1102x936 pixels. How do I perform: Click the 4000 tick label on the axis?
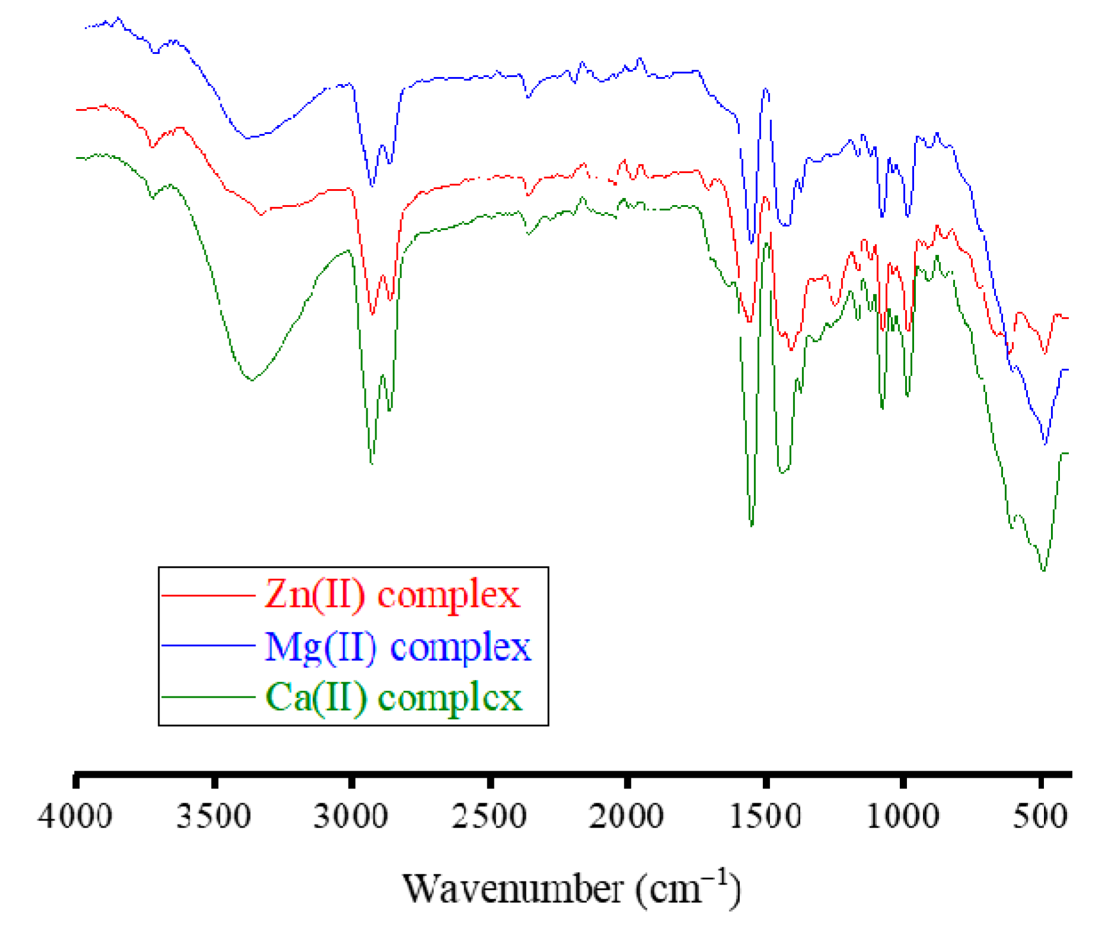click(75, 817)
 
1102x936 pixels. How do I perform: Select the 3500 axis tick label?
click(214, 817)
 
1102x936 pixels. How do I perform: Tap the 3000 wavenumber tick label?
click(351, 817)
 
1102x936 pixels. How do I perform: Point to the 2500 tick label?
click(490, 817)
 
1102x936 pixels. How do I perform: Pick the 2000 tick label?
click(627, 817)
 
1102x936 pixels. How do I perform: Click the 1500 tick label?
click(765, 817)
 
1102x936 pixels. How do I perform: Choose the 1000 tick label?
click(903, 817)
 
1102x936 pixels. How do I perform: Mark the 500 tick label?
click(1041, 817)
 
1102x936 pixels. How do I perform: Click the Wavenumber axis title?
click(571, 888)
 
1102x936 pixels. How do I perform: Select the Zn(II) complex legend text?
click(392, 595)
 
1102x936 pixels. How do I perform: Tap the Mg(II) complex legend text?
click(398, 647)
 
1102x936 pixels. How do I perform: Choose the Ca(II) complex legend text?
click(394, 697)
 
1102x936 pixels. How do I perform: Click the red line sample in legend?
click(208, 595)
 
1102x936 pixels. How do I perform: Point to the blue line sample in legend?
click(208, 646)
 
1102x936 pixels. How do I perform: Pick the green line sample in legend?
click(208, 697)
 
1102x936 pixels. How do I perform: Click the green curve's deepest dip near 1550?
click(752, 525)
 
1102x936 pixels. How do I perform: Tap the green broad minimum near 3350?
click(252, 380)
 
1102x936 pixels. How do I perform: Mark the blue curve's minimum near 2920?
click(372, 186)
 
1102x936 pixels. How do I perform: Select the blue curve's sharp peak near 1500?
click(766, 89)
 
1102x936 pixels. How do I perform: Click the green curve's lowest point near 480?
click(1043, 570)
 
